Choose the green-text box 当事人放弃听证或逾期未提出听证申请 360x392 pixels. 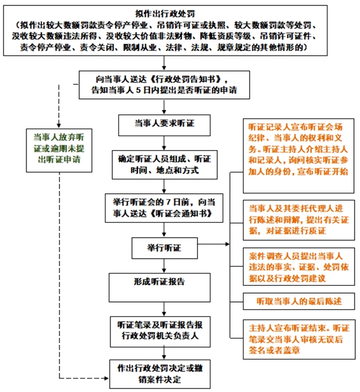(x=58, y=149)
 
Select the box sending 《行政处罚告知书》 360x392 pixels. (x=163, y=85)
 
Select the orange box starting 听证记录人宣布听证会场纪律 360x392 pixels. (x=298, y=148)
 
